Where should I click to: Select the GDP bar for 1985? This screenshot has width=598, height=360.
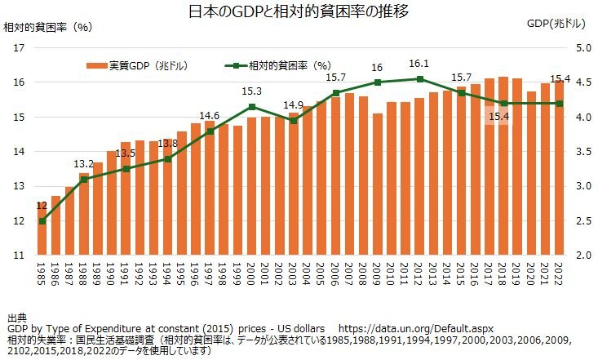click(42, 229)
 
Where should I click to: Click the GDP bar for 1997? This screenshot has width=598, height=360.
click(210, 188)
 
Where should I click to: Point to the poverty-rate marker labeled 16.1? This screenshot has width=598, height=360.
click(419, 79)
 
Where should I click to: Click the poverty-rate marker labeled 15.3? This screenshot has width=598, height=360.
click(252, 107)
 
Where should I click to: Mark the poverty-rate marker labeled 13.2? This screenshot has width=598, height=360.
click(84, 179)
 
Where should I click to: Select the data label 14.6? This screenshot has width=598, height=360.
click(210, 115)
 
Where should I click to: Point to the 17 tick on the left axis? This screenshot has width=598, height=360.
click(19, 48)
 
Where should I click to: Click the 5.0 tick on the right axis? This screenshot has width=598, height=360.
click(582, 48)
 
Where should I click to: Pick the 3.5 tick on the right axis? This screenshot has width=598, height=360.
click(582, 152)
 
